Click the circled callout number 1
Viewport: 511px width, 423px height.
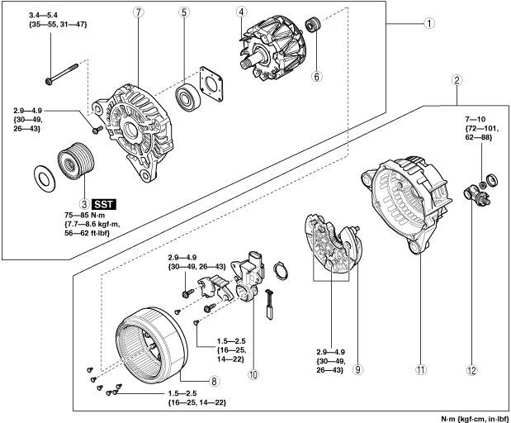click(429, 23)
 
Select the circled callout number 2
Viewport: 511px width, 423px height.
click(457, 80)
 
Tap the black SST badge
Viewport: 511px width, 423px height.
click(104, 204)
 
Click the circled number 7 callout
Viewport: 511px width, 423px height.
click(138, 12)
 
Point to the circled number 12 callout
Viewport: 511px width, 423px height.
click(472, 370)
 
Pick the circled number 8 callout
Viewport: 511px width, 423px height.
click(214, 381)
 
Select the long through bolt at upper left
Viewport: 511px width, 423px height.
click(62, 74)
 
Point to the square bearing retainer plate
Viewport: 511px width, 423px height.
click(211, 83)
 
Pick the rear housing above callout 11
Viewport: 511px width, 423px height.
click(407, 204)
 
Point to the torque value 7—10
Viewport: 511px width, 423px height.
click(474, 119)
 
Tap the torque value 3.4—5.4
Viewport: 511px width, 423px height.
click(44, 15)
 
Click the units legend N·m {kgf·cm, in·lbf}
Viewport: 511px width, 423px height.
click(475, 418)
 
